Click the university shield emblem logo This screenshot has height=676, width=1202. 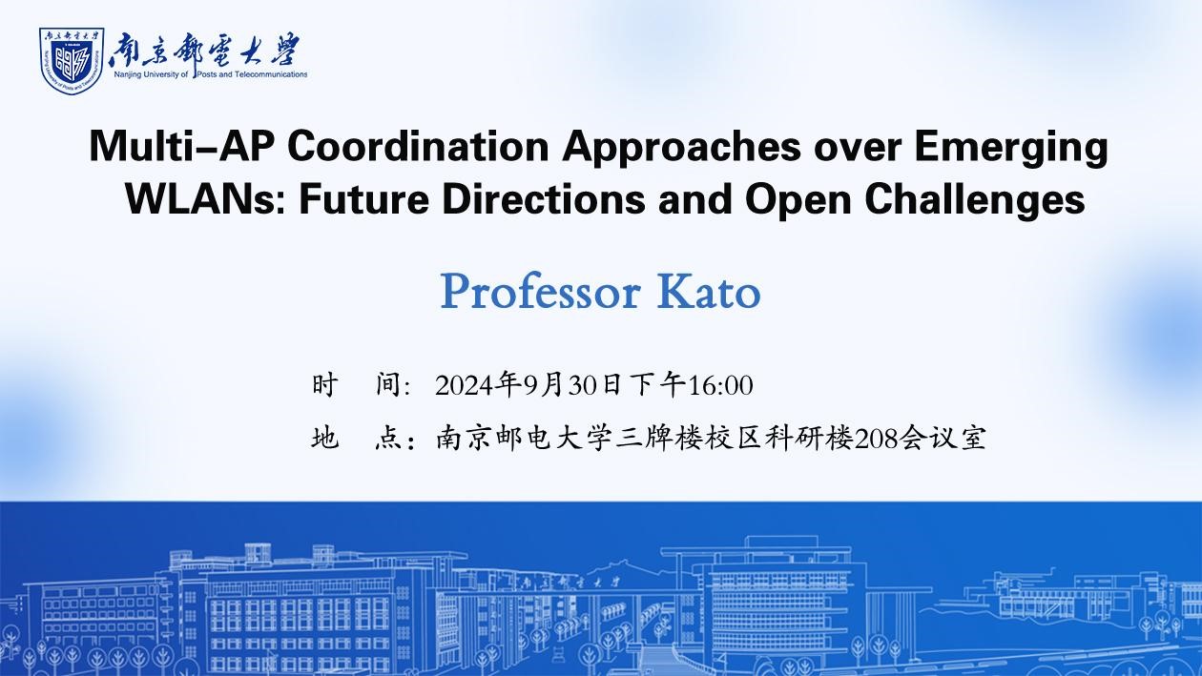click(72, 61)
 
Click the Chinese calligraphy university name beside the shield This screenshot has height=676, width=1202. click(204, 51)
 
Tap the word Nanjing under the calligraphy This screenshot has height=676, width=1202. click(127, 74)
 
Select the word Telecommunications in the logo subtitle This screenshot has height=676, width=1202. click(274, 74)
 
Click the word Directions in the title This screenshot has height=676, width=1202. click(544, 199)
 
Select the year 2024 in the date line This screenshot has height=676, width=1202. click(465, 386)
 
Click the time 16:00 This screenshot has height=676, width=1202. click(720, 386)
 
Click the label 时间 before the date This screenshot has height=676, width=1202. click(362, 384)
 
